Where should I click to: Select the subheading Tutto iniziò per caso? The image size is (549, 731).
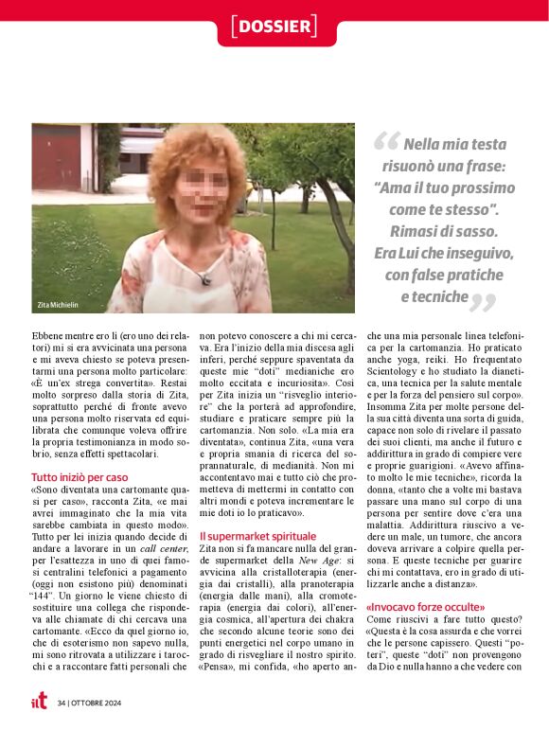pyautogui.click(x=80, y=477)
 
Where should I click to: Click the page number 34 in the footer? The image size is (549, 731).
pyautogui.click(x=62, y=703)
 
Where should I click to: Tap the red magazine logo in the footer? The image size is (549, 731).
pyautogui.click(x=38, y=702)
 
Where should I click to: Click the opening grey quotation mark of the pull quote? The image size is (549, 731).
pyautogui.click(x=385, y=143)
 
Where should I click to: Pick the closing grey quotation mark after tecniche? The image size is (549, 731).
pyautogui.click(x=484, y=302)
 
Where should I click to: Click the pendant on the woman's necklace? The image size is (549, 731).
pyautogui.click(x=204, y=279)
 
